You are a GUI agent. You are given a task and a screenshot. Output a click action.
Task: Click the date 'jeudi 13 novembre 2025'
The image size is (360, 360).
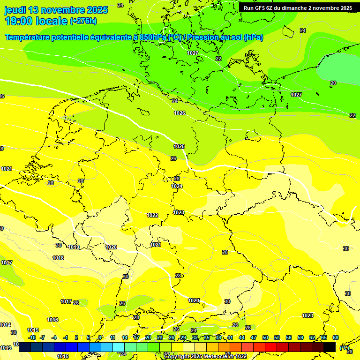[x=56, y=10]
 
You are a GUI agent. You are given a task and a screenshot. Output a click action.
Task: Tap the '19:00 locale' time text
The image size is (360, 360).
[x=37, y=21]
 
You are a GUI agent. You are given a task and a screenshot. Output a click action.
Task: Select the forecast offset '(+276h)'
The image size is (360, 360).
[x=83, y=21]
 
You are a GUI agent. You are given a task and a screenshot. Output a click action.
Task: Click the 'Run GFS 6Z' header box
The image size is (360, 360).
[x=298, y=8]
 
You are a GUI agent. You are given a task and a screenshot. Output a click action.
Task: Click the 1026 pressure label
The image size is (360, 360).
[x=180, y=113]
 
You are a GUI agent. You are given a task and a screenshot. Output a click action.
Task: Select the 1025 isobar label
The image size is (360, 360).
[x=179, y=146]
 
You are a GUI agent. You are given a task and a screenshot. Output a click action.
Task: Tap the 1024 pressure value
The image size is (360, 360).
[x=177, y=186]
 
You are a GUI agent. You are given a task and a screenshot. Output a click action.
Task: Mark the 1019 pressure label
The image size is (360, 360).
[x=74, y=247]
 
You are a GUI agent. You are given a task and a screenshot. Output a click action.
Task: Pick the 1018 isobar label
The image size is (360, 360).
[x=58, y=258]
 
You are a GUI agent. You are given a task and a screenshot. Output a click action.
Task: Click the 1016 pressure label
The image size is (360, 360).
[x=52, y=320]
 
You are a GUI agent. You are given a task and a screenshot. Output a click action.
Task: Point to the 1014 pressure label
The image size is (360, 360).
[x=6, y=325]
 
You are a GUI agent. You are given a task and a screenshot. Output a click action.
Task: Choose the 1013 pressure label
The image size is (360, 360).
[x=6, y=348]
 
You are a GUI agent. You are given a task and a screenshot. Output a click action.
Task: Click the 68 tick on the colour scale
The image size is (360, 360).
[x=336, y=337]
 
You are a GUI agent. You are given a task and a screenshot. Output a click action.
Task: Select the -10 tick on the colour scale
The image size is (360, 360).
[x=32, y=337]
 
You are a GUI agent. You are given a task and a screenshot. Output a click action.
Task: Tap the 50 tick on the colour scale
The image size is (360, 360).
[x=265, y=337]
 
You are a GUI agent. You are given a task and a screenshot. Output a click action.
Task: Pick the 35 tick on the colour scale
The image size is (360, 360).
[x=207, y=337]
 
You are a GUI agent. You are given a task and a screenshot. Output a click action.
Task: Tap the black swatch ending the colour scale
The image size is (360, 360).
[x=330, y=347]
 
